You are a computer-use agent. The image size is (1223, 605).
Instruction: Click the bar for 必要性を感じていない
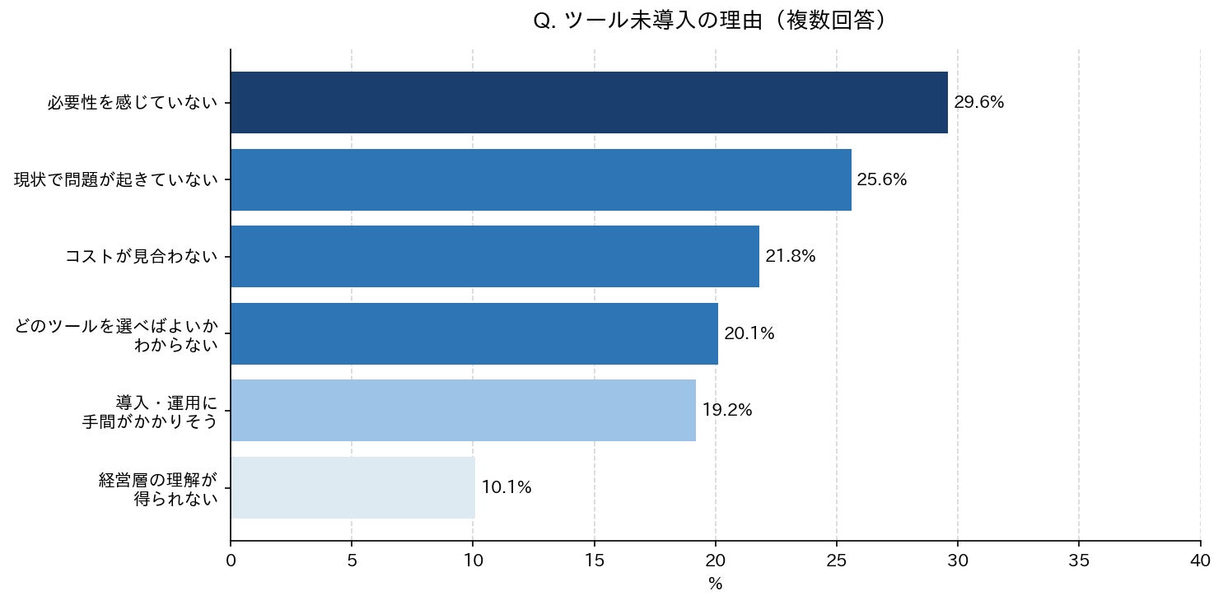[589, 103]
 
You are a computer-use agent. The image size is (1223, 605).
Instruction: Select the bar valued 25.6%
[541, 179]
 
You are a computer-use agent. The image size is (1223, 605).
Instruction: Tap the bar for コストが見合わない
[495, 256]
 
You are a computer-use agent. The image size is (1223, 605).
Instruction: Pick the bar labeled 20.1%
[474, 334]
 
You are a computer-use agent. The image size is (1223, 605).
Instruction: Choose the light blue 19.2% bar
[463, 410]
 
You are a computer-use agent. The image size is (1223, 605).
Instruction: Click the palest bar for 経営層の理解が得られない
[352, 488]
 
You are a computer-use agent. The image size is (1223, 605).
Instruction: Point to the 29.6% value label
[979, 103]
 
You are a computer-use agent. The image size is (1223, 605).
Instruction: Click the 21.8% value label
[790, 256]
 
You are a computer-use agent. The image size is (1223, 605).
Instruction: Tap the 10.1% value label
[506, 487]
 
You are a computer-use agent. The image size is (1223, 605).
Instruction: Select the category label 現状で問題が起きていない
[116, 179]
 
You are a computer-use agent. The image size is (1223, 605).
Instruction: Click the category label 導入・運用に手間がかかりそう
[150, 412]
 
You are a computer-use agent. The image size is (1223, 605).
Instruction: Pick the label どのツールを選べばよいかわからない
[116, 336]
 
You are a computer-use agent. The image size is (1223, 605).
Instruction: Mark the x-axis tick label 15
[594, 561]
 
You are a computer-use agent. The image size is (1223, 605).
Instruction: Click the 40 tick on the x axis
[1200, 561]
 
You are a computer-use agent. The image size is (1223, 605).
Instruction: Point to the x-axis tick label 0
[231, 561]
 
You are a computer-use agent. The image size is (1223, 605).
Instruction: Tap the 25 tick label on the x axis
[837, 561]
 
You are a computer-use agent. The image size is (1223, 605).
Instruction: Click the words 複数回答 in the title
[830, 21]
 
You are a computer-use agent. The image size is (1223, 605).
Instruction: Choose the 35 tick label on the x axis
[1079, 561]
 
